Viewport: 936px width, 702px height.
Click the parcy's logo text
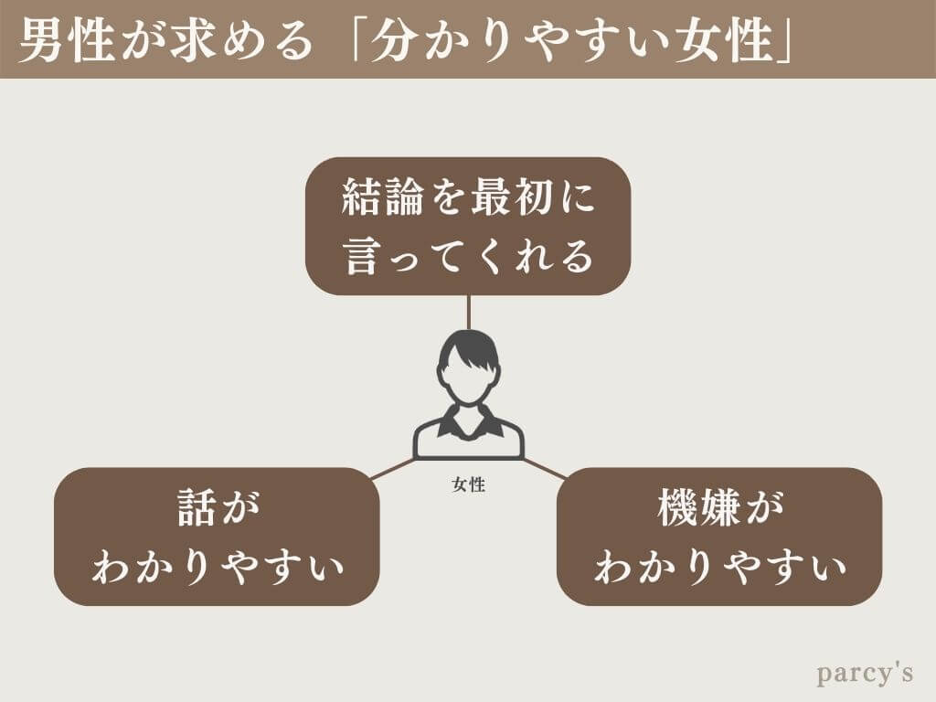pos(865,674)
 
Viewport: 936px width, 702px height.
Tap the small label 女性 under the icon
pos(468,485)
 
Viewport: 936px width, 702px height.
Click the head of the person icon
pos(468,367)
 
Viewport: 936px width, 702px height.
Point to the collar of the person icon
pos(468,421)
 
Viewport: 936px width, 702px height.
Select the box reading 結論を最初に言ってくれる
pos(468,226)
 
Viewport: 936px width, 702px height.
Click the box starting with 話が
pos(217,537)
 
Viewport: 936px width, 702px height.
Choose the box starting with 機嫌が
pos(719,537)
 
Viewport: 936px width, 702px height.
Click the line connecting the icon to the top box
pos(468,312)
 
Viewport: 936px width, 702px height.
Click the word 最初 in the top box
pos(512,197)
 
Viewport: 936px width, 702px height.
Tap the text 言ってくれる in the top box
pos(469,257)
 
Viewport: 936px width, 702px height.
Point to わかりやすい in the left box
pos(218,568)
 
